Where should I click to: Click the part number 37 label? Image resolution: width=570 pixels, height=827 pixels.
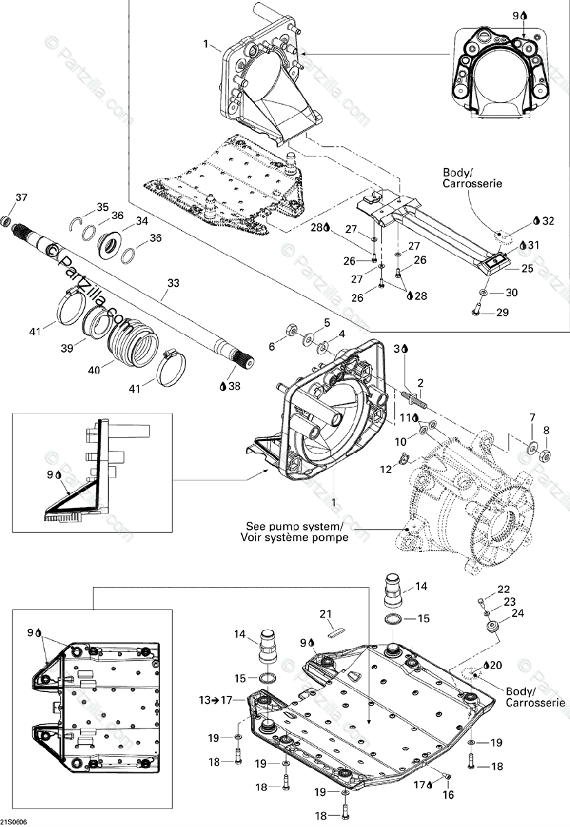[x=21, y=198]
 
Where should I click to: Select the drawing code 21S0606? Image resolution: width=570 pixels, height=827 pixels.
[x=15, y=821]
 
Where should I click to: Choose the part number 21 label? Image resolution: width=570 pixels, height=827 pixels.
[x=326, y=613]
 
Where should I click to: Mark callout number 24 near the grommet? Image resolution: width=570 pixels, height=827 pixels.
[x=517, y=612]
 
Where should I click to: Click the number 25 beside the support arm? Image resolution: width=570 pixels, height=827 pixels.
[x=527, y=268]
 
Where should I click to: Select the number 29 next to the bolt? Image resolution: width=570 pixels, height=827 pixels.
[x=504, y=312]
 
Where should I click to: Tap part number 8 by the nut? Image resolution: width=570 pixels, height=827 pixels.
[x=547, y=431]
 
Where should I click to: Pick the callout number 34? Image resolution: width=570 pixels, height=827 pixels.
[x=141, y=221]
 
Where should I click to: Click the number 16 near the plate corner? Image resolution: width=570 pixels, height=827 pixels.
[x=449, y=795]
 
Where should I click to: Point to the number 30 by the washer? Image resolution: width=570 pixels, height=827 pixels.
[x=511, y=292]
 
